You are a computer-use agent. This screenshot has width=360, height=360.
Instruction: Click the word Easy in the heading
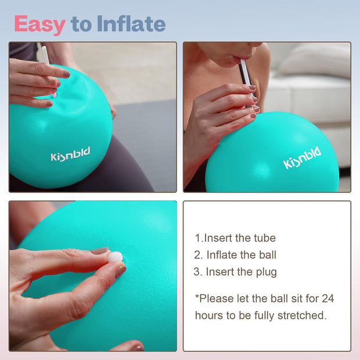(x=39, y=24)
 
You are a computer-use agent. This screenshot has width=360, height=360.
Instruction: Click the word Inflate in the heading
(x=131, y=24)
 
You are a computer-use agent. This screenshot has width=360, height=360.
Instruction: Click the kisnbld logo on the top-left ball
(x=70, y=155)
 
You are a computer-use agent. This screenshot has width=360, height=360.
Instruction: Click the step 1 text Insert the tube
(x=235, y=238)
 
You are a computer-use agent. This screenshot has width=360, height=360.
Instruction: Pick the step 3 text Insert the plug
(x=235, y=272)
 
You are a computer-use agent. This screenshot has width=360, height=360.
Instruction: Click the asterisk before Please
(x=197, y=297)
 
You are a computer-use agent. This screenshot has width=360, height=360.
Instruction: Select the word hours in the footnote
(x=207, y=316)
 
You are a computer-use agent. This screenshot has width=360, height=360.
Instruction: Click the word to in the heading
(x=81, y=24)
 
